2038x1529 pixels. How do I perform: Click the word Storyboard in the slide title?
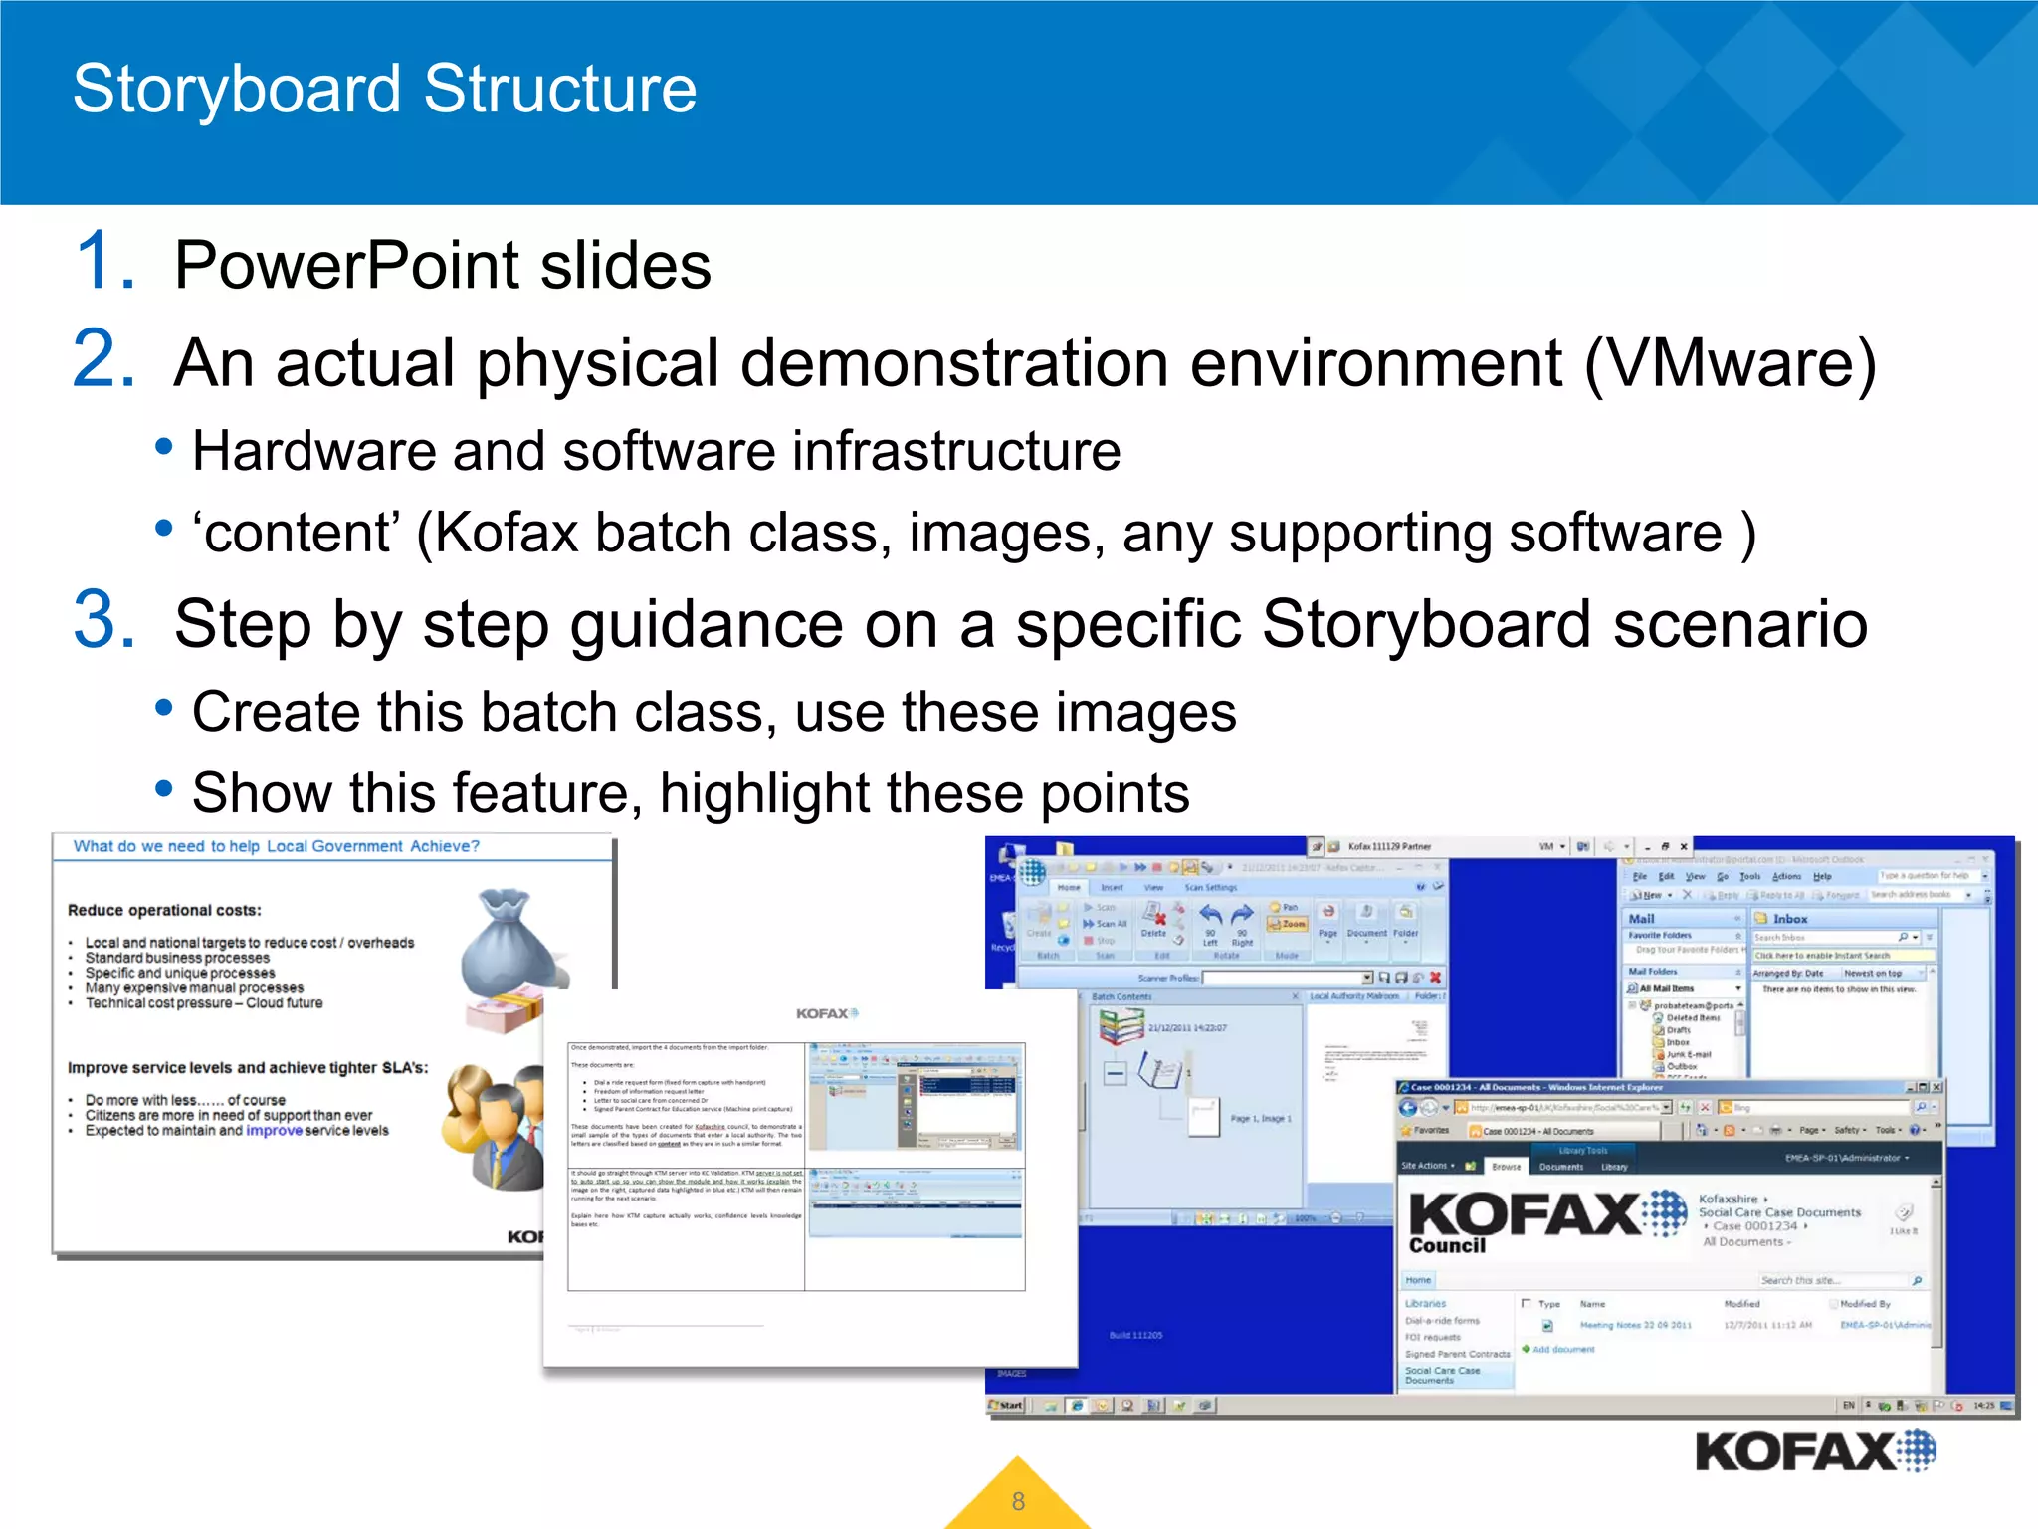[237, 90]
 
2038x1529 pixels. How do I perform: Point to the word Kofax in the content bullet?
[506, 533]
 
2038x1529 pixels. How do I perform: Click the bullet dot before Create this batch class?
[164, 708]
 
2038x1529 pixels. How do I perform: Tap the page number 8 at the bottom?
[1018, 1501]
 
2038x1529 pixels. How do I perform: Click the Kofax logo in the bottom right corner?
[1814, 1451]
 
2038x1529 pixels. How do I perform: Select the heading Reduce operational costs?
[164, 910]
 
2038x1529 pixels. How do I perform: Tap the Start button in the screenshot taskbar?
[1007, 1405]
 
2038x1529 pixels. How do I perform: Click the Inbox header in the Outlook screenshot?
[1789, 919]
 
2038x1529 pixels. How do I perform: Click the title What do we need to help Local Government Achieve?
[276, 846]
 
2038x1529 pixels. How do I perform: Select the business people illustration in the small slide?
[493, 1120]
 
